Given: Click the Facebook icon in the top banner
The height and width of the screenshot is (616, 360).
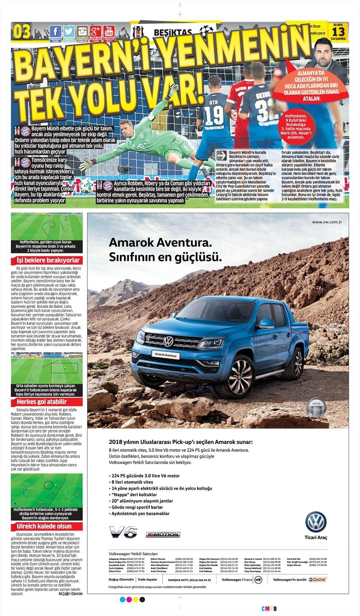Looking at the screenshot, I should (x=55, y=31).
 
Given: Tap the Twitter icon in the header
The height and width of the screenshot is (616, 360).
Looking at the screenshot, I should (x=69, y=31).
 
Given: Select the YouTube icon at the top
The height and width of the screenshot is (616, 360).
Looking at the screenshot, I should (x=108, y=31).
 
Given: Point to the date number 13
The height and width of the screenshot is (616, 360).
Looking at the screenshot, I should (x=339, y=32).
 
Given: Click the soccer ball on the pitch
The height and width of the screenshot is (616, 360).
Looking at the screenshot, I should (x=87, y=185).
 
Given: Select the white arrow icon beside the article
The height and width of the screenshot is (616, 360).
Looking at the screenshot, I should (x=220, y=156).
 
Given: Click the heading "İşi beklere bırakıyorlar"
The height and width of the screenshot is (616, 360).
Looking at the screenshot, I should (x=47, y=260).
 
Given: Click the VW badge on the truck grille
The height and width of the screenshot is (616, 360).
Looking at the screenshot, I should (x=169, y=341).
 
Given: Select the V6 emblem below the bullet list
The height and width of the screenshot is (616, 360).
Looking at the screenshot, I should (x=123, y=532).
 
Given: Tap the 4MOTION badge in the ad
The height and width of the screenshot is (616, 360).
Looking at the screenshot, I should (x=162, y=534).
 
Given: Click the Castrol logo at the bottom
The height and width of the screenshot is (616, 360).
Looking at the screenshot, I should (x=318, y=579).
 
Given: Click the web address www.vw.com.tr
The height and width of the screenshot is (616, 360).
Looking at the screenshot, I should (x=329, y=222).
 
